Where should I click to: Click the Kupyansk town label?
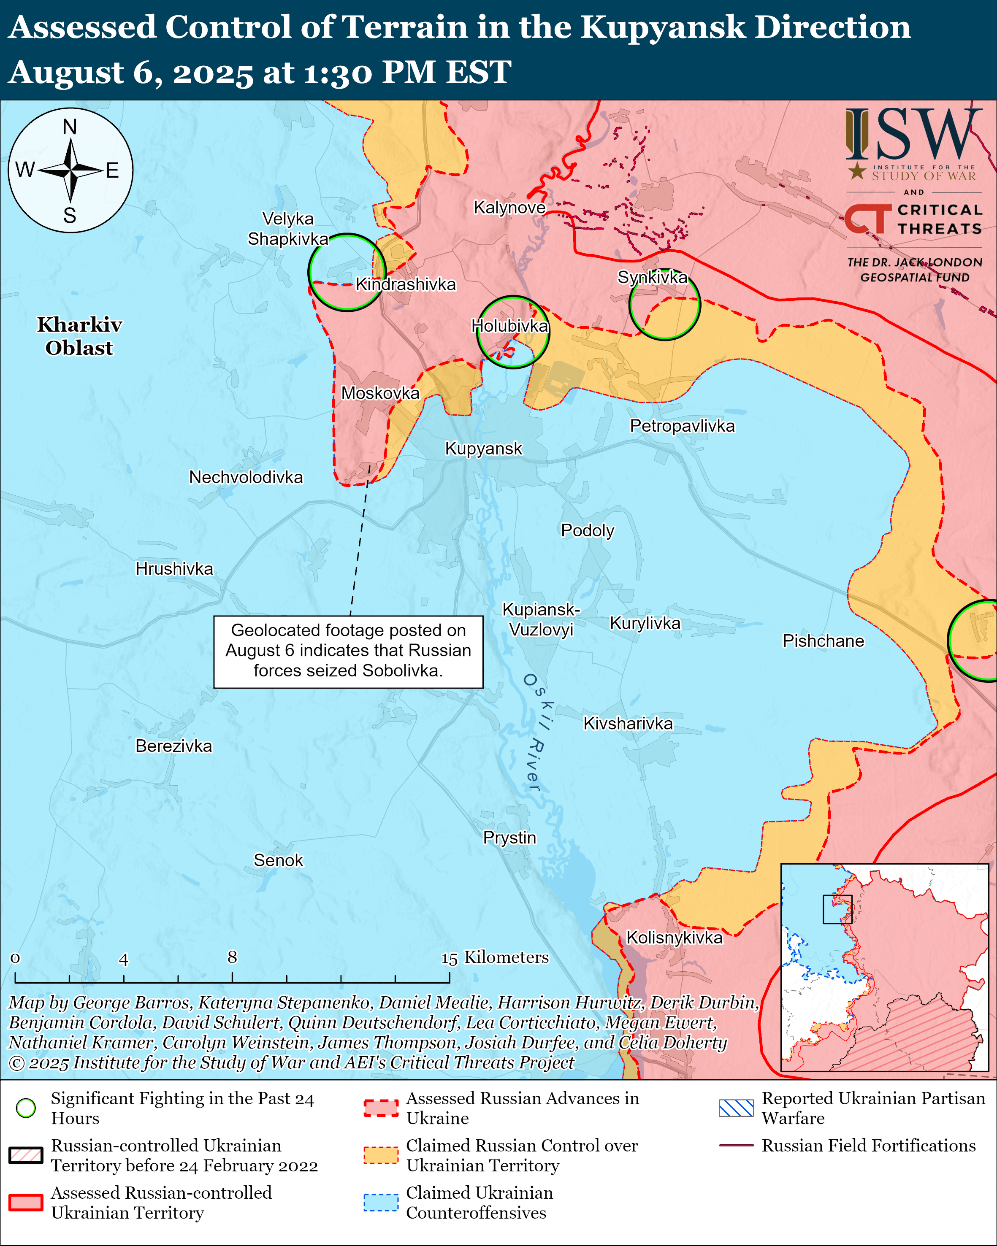click(483, 449)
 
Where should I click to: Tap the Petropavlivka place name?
click(682, 426)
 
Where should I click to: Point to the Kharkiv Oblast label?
click(79, 336)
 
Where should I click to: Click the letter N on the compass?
click(70, 127)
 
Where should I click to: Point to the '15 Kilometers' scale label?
click(495, 958)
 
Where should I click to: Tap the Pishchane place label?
click(823, 641)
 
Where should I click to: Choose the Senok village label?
click(278, 860)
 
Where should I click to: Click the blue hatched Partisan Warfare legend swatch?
click(736, 1108)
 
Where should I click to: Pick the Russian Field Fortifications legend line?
click(736, 1146)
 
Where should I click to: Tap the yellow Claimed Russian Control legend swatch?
click(381, 1155)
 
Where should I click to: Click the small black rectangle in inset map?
click(837, 909)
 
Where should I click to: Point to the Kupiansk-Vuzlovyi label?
click(541, 619)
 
